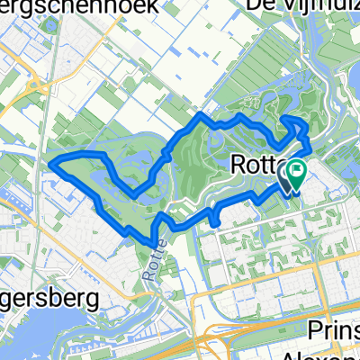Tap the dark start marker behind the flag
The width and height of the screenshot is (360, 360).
287,176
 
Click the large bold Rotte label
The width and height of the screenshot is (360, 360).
256,166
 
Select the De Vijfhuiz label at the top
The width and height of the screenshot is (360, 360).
316,7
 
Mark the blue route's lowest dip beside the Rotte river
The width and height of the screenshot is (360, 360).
151,240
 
